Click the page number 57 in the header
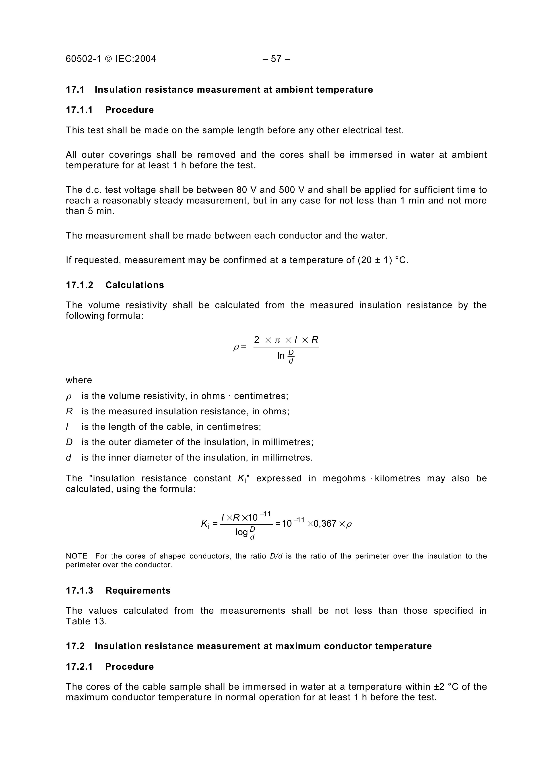(276, 59)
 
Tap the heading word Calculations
(135, 285)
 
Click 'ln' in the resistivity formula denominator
(281, 356)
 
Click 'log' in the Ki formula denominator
(241, 532)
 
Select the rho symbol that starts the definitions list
(68, 397)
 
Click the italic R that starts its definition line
(69, 412)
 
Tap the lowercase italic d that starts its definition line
(68, 458)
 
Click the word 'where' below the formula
(79, 380)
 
